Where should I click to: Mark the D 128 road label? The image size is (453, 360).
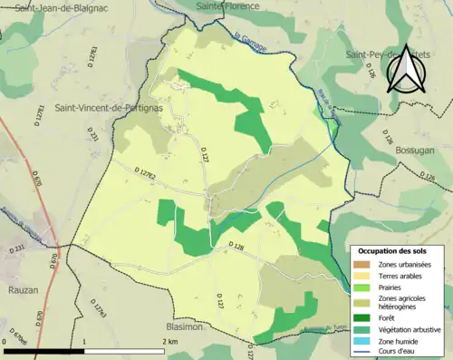[x=236, y=245]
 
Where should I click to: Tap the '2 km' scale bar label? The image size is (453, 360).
[x=169, y=342]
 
